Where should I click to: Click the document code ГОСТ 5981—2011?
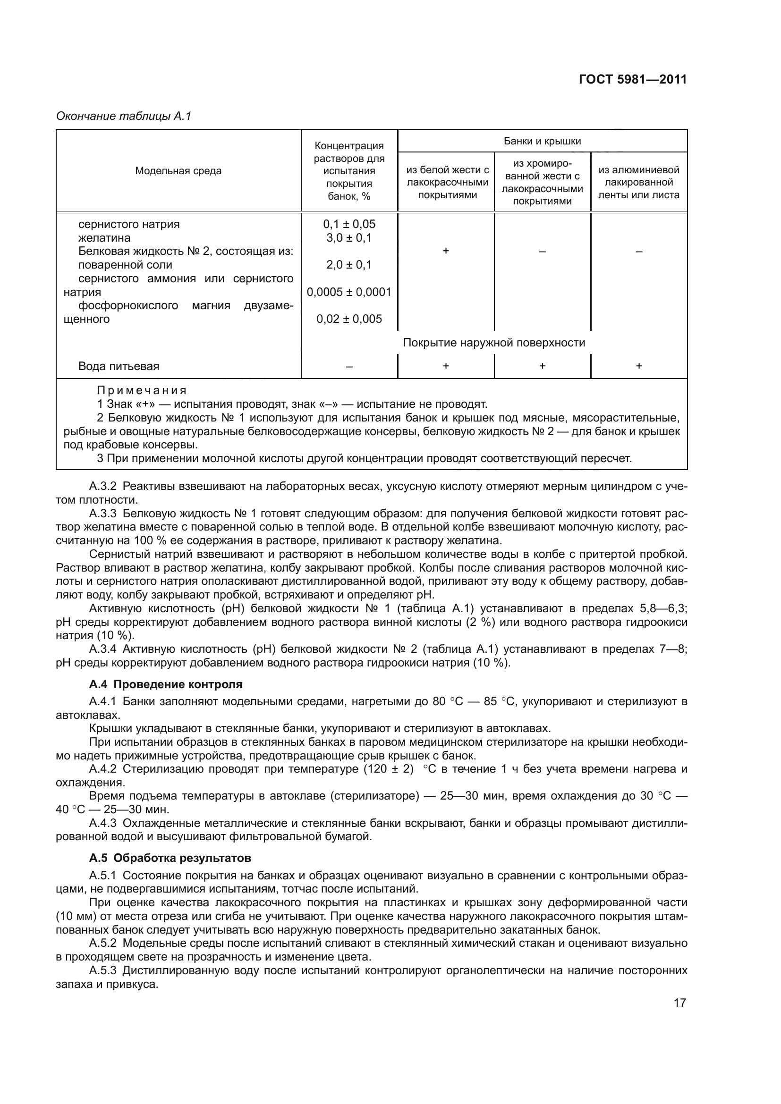click(632, 79)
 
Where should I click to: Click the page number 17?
click(679, 1003)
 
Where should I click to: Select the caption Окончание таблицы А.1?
click(124, 116)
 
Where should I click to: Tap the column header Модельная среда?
click(178, 171)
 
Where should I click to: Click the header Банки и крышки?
click(542, 141)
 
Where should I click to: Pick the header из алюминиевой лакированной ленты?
click(639, 183)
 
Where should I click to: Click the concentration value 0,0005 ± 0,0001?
click(348, 292)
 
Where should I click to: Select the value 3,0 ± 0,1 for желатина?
click(348, 237)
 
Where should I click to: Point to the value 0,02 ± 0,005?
click(348, 319)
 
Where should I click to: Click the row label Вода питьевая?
click(119, 366)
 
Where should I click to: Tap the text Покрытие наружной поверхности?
click(494, 342)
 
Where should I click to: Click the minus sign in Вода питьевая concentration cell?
click(349, 366)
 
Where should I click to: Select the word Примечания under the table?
click(141, 390)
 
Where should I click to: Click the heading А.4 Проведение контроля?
click(166, 684)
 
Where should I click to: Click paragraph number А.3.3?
click(103, 514)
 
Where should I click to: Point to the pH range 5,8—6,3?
click(662, 609)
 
